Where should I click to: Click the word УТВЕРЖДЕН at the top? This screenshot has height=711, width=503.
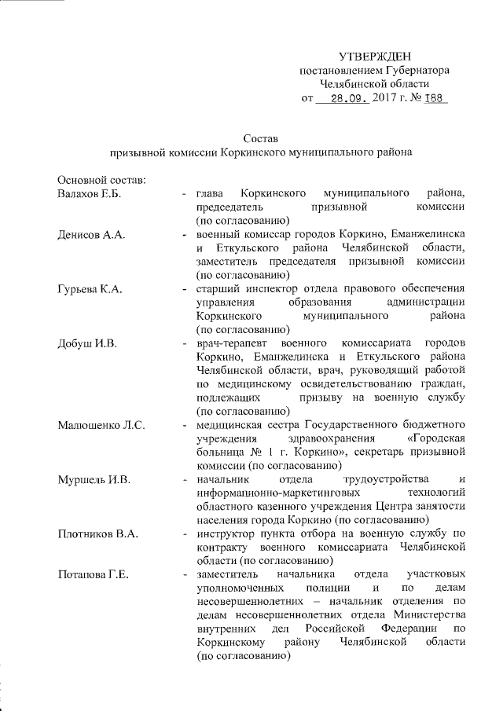[x=375, y=57]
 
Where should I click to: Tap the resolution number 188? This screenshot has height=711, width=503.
[x=435, y=100]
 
